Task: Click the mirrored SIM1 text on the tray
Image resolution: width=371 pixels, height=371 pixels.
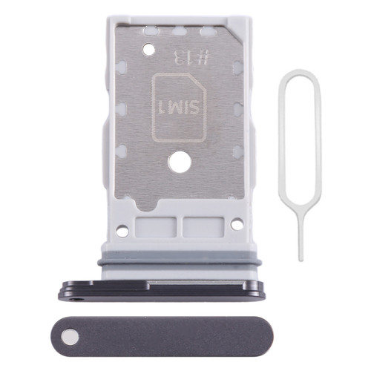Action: click(x=179, y=108)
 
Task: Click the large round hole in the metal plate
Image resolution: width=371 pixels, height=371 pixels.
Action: click(x=180, y=163)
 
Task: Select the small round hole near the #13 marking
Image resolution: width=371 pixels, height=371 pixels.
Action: click(x=148, y=49)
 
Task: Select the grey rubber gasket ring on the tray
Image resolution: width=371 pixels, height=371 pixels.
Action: click(x=180, y=262)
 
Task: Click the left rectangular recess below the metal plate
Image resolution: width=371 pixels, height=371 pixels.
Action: click(x=156, y=227)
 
